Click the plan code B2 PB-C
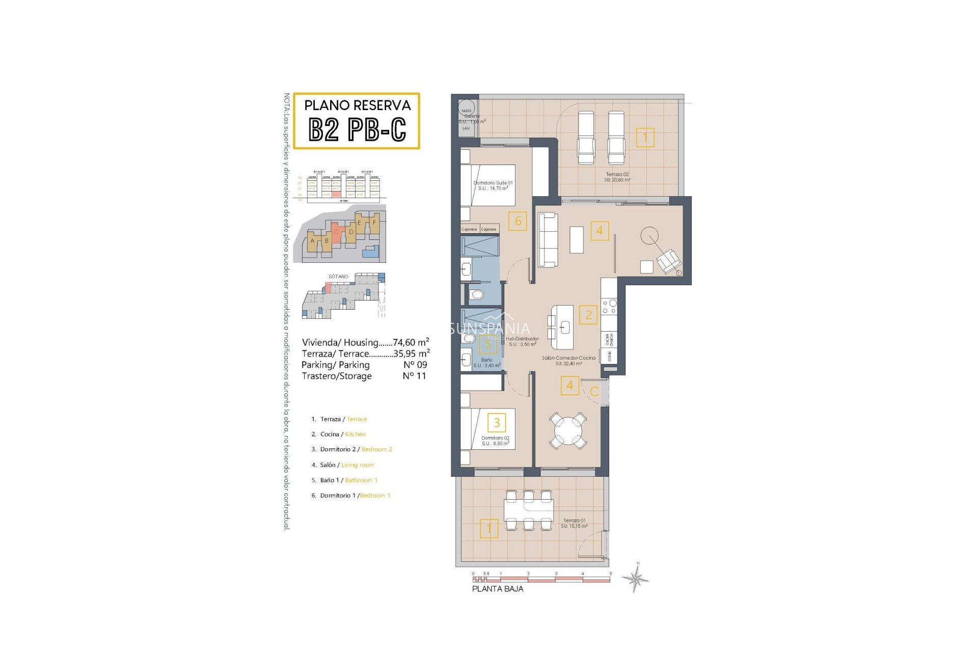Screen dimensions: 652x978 pyautogui.click(x=357, y=129)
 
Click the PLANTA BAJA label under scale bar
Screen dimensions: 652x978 pyautogui.click(x=497, y=589)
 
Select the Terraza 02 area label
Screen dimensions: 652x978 pyautogui.click(x=617, y=177)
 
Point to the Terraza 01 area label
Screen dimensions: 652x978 pyautogui.click(x=575, y=523)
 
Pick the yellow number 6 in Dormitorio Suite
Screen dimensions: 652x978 pyautogui.click(x=518, y=221)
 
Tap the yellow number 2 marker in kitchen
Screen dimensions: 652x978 pyautogui.click(x=588, y=315)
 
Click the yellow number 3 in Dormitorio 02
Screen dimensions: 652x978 pyautogui.click(x=497, y=422)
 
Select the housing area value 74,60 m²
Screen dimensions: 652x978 pyautogui.click(x=411, y=342)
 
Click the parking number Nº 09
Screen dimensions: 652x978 pyautogui.click(x=415, y=365)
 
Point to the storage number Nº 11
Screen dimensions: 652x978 pyautogui.click(x=414, y=376)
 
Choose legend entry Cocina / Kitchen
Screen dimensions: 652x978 pyautogui.click(x=339, y=434)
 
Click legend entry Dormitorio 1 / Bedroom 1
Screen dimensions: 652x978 pyautogui.click(x=351, y=496)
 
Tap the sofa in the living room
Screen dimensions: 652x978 pyautogui.click(x=548, y=239)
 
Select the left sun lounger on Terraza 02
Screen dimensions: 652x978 pyautogui.click(x=586, y=138)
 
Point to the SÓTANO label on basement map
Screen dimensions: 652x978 pyautogui.click(x=338, y=277)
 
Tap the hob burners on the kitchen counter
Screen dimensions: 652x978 pyautogui.click(x=609, y=307)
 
